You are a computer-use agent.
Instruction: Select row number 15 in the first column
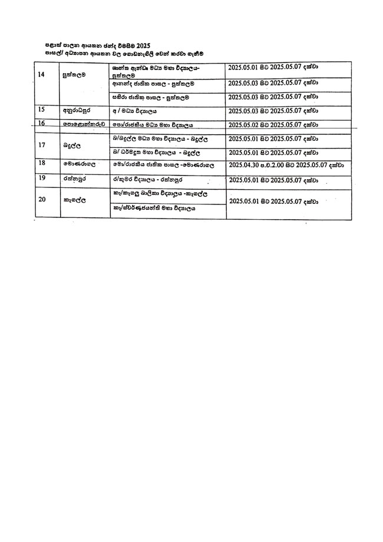41,110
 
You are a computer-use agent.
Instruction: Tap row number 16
41,123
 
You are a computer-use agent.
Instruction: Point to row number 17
41,144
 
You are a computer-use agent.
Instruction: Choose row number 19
41,177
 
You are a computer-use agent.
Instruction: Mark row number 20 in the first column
41,199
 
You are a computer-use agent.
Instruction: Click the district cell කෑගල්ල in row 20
75,200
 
